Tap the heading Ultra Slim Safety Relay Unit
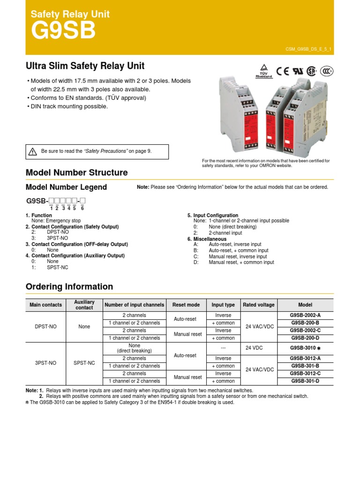coord(85,66)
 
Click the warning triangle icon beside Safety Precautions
coord(32,151)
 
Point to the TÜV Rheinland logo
coord(264,71)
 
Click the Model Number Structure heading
coord(76,172)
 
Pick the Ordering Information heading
coord(69,286)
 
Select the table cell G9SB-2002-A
coord(305,315)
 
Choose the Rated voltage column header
coord(259,305)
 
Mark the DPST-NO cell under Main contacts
coord(45,327)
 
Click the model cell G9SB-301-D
coord(305,381)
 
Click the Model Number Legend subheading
coord(66,187)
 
